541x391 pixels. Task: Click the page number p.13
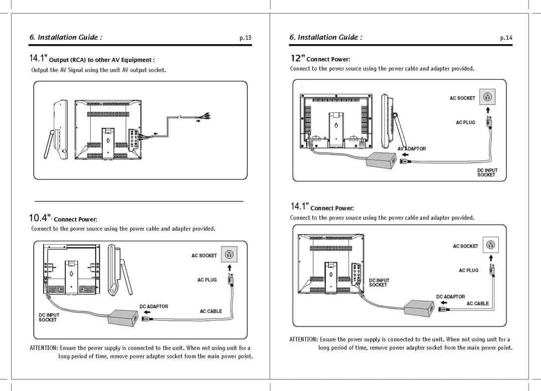pos(245,38)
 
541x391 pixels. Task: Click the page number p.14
pos(506,38)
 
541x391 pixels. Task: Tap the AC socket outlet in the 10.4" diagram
pos(229,255)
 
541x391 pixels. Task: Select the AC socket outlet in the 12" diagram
pos(487,97)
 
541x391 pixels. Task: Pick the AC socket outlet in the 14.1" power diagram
pos(490,245)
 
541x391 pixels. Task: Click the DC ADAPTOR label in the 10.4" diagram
pos(154,306)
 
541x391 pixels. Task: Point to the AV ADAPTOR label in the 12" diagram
pos(412,148)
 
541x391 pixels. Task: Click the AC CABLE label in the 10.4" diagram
pos(211,311)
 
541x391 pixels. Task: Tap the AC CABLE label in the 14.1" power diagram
pos(478,304)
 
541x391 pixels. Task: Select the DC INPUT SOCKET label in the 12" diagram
pos(487,173)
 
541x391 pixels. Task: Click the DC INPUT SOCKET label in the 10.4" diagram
pos(49,317)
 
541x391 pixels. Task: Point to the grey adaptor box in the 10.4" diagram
pos(123,317)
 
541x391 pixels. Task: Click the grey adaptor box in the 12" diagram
pos(381,160)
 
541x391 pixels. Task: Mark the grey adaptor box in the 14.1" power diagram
pos(419,307)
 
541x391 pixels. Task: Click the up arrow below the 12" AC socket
pos(488,110)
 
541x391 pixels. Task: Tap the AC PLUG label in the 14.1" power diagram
pos(468,271)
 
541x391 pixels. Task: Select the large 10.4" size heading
pos(40,218)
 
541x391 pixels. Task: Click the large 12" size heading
pos(298,58)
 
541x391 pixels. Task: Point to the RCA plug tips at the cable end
pos(206,116)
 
